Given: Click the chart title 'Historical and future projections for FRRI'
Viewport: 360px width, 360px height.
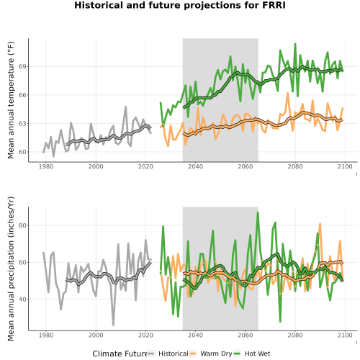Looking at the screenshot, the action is [180, 5].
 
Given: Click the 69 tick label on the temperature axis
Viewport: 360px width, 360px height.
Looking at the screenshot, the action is [23, 66].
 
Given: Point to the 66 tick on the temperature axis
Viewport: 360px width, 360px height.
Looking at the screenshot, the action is [23, 95].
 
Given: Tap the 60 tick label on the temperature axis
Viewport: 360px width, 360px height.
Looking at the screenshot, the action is [23, 152].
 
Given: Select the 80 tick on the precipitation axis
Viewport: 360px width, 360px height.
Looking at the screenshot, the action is [23, 225].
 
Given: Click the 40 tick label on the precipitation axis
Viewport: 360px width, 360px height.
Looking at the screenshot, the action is [23, 300].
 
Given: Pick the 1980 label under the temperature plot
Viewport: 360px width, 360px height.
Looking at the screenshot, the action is [46, 166].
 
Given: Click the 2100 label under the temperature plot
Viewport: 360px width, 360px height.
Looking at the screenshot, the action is [345, 166].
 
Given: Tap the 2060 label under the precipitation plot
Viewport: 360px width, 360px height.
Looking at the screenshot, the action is [246, 335].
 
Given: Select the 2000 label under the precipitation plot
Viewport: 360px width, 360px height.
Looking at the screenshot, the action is [96, 335].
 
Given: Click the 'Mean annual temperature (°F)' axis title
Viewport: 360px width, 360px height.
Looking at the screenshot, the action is [11, 100].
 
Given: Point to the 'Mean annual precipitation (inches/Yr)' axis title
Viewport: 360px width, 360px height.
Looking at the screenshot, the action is [11, 269].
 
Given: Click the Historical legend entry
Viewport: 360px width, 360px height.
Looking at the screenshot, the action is [168, 354].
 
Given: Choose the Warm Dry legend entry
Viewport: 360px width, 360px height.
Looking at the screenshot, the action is [211, 354].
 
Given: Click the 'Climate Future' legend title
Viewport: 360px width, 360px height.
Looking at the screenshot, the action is [120, 354].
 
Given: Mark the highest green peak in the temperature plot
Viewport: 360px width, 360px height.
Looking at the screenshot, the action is [295, 44].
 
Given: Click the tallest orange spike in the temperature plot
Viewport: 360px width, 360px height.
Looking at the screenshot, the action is [287, 93].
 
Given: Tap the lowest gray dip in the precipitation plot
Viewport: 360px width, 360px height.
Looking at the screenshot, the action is [113, 325].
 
